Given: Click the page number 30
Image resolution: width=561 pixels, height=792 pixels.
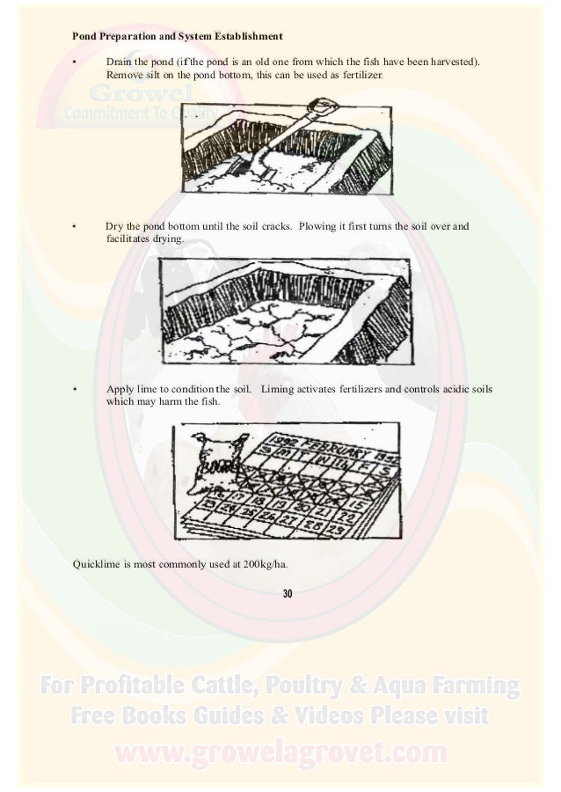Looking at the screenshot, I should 287,594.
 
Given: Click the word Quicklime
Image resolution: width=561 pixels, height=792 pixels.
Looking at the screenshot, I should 95,563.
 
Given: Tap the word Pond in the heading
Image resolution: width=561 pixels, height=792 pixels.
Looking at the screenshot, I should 84,38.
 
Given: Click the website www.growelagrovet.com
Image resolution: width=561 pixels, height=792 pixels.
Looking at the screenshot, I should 280,753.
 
